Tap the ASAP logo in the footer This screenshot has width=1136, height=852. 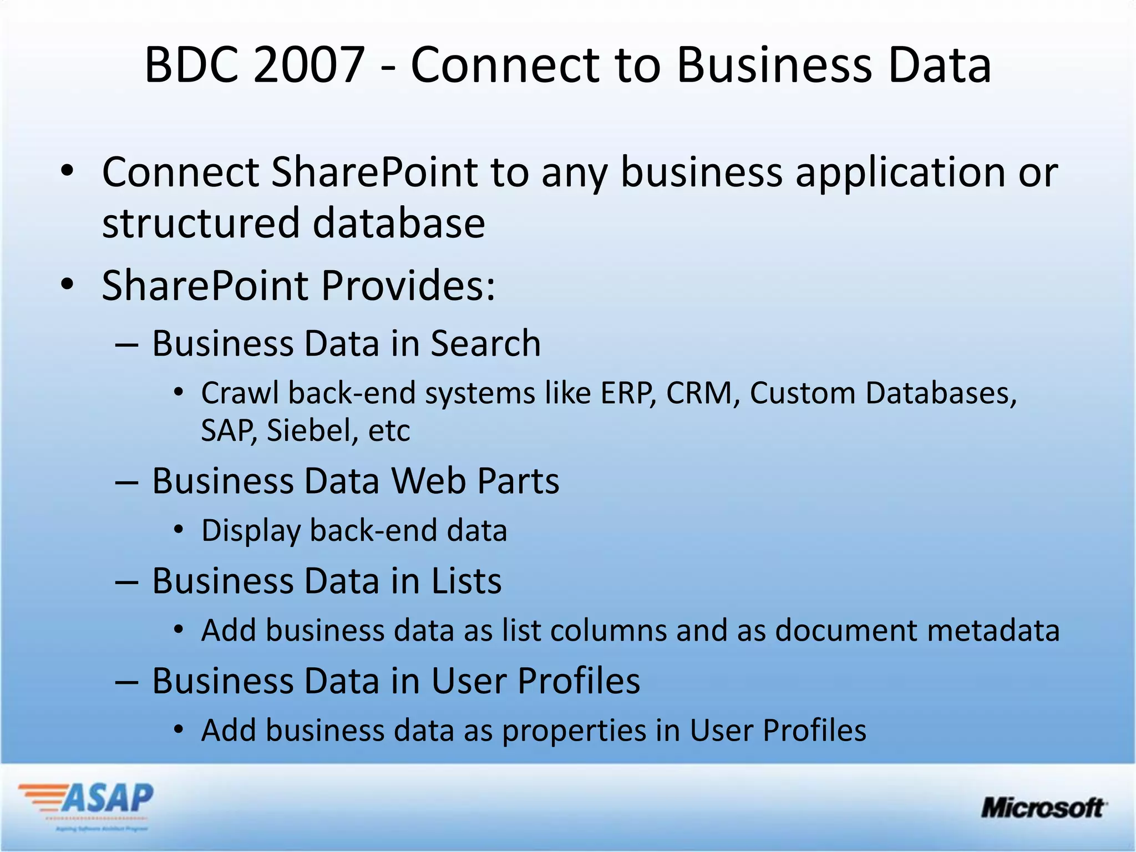(x=87, y=803)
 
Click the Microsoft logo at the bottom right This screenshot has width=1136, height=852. (x=1043, y=808)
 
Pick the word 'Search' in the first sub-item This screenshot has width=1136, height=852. (x=485, y=343)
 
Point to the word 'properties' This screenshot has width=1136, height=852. (x=574, y=731)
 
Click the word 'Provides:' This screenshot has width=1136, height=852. (x=408, y=286)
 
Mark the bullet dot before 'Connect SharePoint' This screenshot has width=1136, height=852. (x=68, y=171)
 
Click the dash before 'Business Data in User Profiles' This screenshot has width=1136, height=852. (x=126, y=682)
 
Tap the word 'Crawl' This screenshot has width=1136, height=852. (x=240, y=393)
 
